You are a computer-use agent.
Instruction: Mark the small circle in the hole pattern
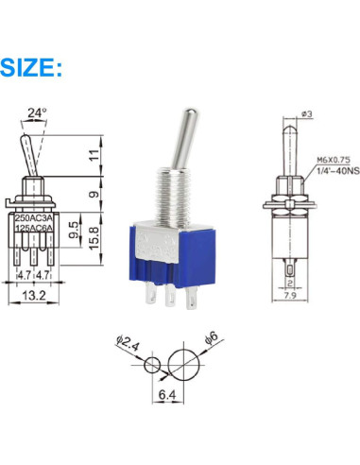151,366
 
